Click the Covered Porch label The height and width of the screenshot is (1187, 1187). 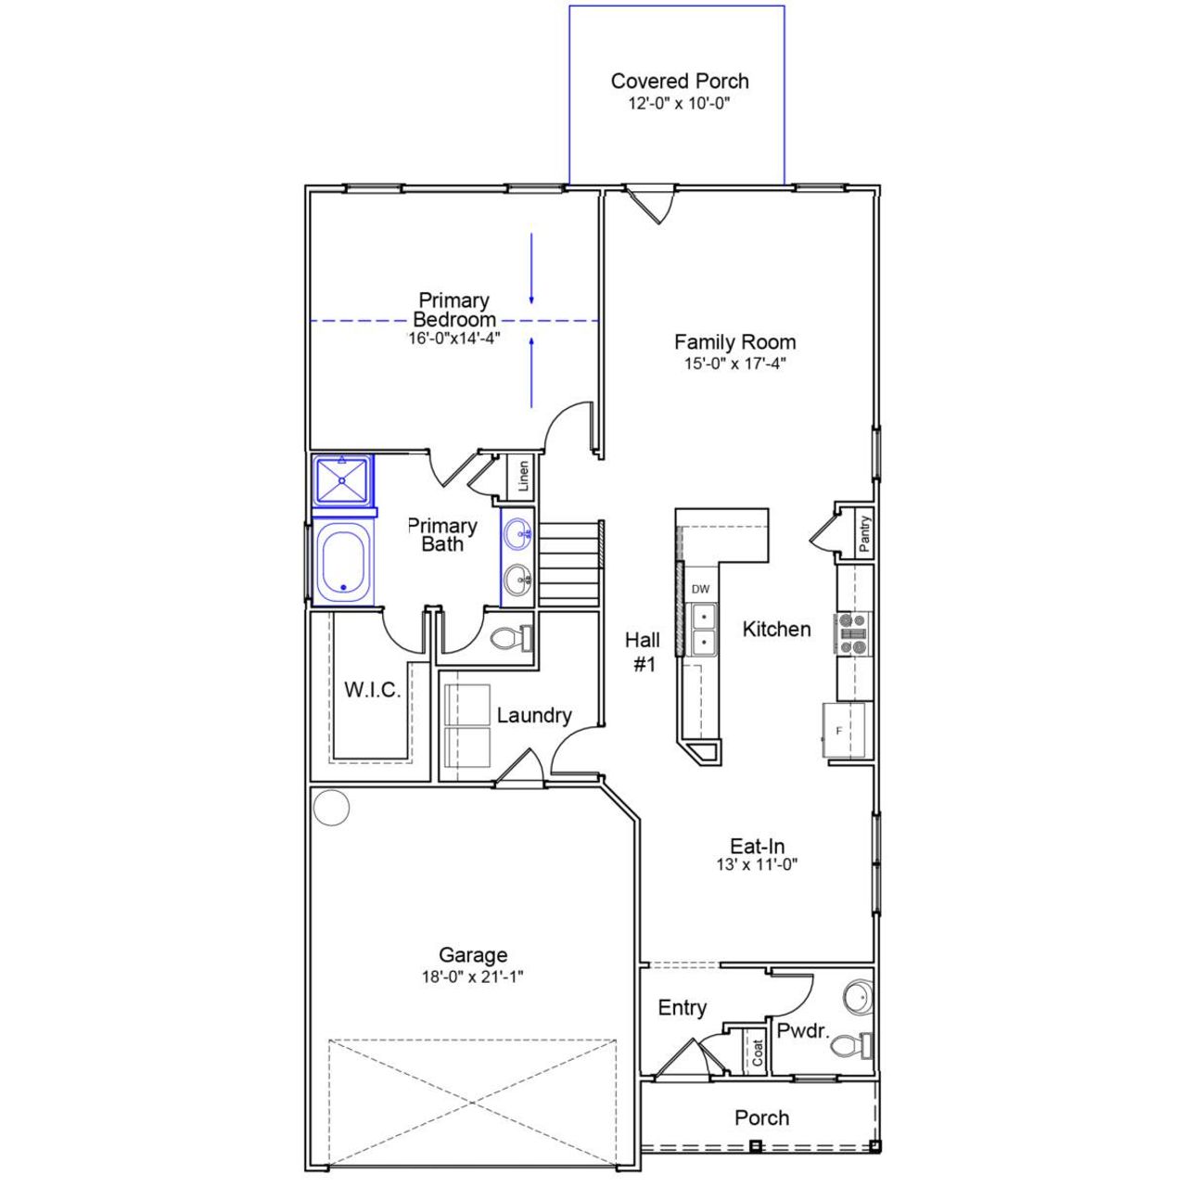click(x=679, y=82)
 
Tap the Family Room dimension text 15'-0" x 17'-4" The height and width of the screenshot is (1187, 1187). click(x=734, y=364)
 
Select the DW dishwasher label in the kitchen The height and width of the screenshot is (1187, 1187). click(x=700, y=589)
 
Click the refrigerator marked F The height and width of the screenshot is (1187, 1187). click(x=844, y=731)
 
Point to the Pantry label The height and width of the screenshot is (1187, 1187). click(x=864, y=534)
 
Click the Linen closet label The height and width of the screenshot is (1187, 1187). click(x=524, y=477)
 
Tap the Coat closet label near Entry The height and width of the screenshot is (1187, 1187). click(x=758, y=1052)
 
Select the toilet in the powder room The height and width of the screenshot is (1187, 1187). click(x=849, y=1046)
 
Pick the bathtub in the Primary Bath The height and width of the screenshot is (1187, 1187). click(x=343, y=562)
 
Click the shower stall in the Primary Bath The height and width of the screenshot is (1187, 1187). click(x=342, y=479)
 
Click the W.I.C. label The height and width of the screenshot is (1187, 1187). click(x=372, y=690)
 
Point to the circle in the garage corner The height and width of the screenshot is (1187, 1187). click(x=331, y=808)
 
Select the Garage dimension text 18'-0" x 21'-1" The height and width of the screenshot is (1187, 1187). click(x=473, y=976)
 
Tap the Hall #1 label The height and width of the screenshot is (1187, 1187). click(x=643, y=651)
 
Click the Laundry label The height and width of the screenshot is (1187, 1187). click(x=533, y=715)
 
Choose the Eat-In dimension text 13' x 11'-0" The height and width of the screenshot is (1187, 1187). click(x=757, y=865)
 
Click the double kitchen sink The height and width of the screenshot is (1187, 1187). click(x=702, y=628)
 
